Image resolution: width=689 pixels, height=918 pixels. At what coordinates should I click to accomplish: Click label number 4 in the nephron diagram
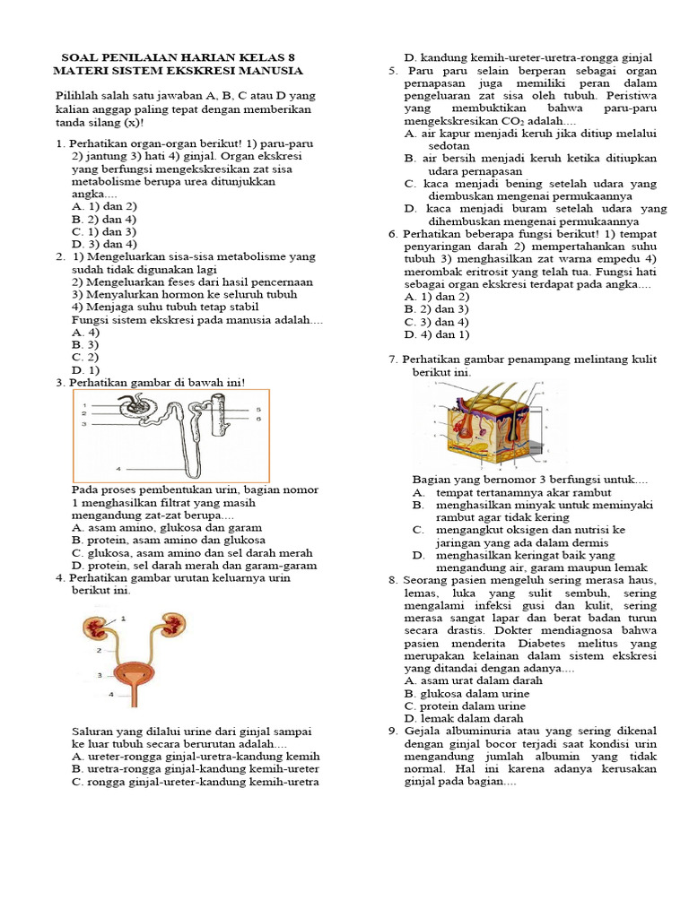[118, 468]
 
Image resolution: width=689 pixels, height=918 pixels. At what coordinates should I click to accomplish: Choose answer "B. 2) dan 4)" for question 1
[103, 218]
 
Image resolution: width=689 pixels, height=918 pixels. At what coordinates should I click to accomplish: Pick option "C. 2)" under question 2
[84, 357]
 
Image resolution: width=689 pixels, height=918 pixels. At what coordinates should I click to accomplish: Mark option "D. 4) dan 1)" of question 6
[437, 334]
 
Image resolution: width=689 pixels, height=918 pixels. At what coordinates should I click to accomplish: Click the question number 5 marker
[392, 71]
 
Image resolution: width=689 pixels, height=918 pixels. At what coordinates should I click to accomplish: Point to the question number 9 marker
[392, 731]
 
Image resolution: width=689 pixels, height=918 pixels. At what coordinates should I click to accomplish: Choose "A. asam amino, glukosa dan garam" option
[166, 528]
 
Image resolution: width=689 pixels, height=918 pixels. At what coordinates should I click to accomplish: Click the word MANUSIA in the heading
[272, 71]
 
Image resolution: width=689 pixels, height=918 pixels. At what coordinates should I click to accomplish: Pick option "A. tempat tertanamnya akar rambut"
[511, 492]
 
